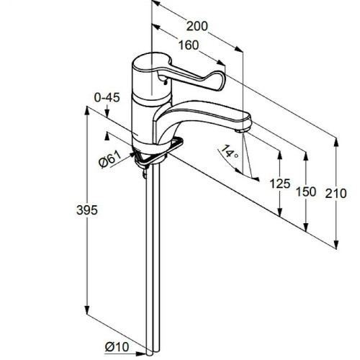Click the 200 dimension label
click(x=197, y=26)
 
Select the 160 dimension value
click(x=189, y=45)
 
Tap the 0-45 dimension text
click(x=107, y=98)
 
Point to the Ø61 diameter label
click(x=110, y=159)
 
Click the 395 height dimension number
click(x=87, y=210)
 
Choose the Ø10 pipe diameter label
click(x=117, y=347)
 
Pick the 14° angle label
click(x=229, y=151)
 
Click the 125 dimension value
click(x=280, y=184)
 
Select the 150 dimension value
click(x=306, y=192)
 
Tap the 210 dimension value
click(x=336, y=194)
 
